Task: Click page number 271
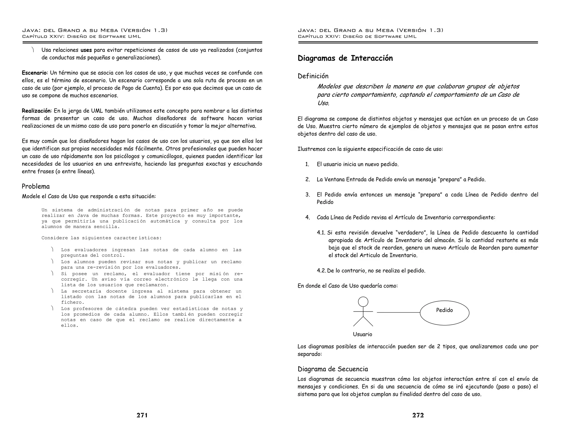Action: (x=142, y=415)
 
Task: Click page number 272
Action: (x=418, y=415)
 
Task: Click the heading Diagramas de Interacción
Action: (x=345, y=58)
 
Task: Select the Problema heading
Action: (x=36, y=186)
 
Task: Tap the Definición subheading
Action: (x=313, y=76)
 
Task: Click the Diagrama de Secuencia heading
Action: (x=333, y=369)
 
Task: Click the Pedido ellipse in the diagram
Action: (x=445, y=313)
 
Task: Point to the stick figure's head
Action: (x=363, y=302)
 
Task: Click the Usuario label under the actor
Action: (x=362, y=334)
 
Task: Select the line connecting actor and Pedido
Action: (x=398, y=312)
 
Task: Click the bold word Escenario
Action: (x=34, y=73)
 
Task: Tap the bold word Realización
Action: (x=37, y=111)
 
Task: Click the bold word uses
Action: (x=86, y=50)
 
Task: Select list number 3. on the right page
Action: (x=308, y=195)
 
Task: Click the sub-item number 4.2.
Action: (x=321, y=271)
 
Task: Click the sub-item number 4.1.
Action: (x=321, y=233)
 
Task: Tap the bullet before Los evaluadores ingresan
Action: (x=52, y=250)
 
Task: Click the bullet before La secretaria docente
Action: (x=52, y=291)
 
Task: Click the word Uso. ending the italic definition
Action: (x=323, y=103)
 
